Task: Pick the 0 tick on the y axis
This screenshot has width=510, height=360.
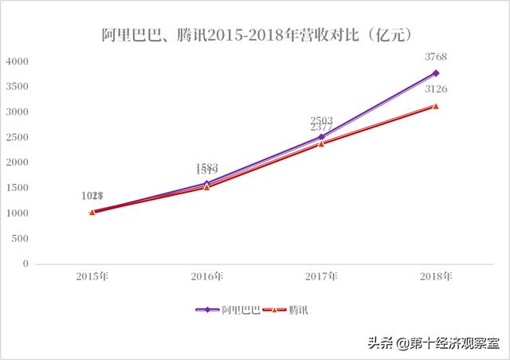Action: tap(25, 264)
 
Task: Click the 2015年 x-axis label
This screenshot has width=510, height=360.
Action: tap(92, 276)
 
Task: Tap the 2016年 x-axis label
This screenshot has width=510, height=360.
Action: tap(207, 276)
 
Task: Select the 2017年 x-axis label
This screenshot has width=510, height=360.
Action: tap(321, 276)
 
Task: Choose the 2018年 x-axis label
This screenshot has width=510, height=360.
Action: tap(436, 276)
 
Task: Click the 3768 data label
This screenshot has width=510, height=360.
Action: tap(436, 56)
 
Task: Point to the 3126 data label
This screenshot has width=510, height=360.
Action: tap(436, 89)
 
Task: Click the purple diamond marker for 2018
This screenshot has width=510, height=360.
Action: tap(436, 73)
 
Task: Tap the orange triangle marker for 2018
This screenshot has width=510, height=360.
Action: tap(436, 106)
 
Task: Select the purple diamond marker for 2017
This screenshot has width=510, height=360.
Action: tap(321, 137)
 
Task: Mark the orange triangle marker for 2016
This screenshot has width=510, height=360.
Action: tap(207, 187)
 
